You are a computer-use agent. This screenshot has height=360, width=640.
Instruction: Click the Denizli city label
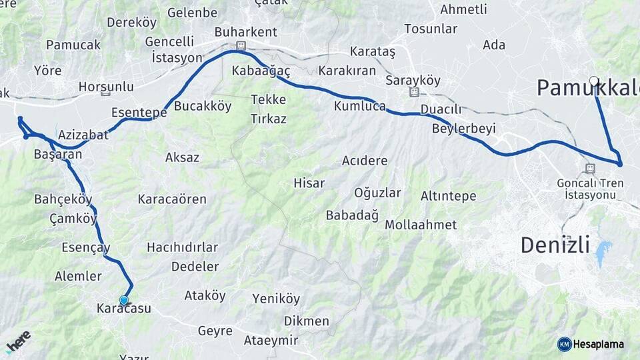[555, 245]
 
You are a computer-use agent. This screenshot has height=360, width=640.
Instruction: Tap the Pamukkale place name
[587, 87]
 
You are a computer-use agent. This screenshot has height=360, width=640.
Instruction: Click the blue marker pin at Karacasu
[123, 301]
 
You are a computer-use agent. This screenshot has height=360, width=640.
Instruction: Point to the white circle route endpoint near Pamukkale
[594, 81]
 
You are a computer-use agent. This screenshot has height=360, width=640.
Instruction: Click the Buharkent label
[245, 32]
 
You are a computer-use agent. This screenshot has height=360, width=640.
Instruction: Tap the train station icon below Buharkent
[241, 45]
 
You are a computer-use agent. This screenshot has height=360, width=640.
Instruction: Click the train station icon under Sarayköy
[415, 92]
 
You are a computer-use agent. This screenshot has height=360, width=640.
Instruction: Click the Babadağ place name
[352, 215]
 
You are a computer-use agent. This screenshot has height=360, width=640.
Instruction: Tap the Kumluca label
[360, 106]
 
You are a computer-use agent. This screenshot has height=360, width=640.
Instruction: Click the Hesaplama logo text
[599, 344]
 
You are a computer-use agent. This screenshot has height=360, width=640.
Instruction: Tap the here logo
[19, 341]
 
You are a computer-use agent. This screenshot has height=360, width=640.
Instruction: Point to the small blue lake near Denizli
[603, 251]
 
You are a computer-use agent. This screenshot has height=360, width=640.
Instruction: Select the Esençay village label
[85, 247]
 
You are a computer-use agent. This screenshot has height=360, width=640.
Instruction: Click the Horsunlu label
[106, 87]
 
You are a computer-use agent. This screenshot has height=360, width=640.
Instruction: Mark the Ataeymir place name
[271, 340]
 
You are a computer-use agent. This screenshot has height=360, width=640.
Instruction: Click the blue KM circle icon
[564, 344]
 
